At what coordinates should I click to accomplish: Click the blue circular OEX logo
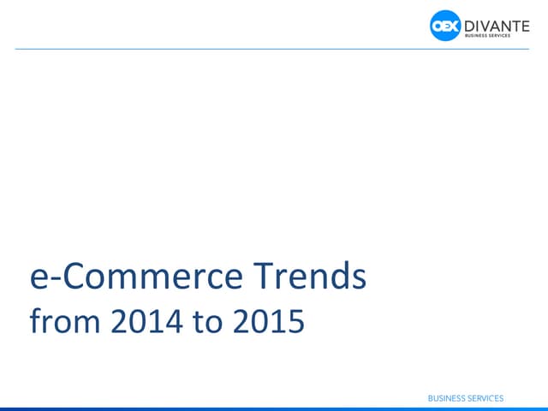point(445,27)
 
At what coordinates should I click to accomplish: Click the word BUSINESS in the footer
point(446,398)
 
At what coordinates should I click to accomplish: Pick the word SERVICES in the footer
point(485,398)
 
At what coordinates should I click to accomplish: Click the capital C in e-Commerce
point(69,277)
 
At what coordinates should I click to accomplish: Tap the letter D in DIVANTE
point(469,23)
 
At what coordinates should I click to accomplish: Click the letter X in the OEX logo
point(454,27)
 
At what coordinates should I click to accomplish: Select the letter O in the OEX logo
point(437,27)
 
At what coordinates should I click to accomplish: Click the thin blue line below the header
point(274,49)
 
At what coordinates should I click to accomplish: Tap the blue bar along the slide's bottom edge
point(274,408)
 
